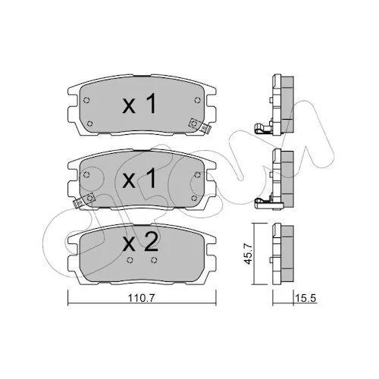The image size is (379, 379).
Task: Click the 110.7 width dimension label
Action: pos(141,299)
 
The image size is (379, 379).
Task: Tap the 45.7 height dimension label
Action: pos(249,254)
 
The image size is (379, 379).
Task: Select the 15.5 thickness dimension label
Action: pos(305,299)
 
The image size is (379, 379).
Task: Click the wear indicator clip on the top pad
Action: pos(200,126)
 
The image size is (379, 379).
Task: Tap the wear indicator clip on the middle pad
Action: pos(83,200)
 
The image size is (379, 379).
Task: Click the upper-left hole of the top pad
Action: pos(86,100)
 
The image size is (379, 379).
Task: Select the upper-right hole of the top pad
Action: pos(197,100)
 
